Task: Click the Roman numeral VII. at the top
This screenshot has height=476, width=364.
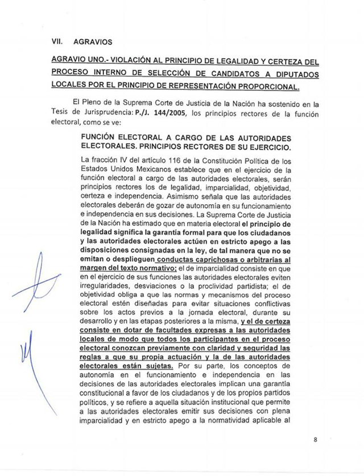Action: (x=56, y=41)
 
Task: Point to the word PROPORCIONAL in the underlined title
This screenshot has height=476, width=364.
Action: (x=268, y=87)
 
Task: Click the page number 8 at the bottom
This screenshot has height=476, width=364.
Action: (x=315, y=439)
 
